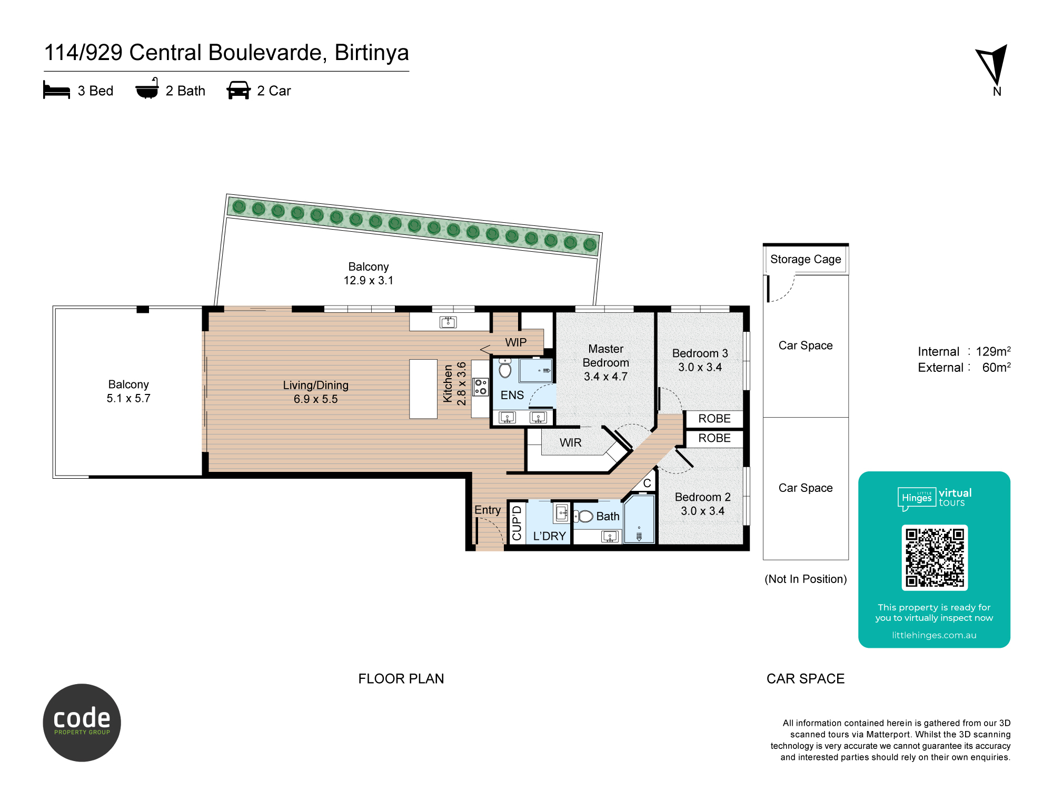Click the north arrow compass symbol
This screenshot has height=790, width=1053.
click(x=993, y=66)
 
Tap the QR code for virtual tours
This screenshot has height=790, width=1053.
click(x=935, y=557)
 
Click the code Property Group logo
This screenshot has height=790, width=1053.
click(x=82, y=723)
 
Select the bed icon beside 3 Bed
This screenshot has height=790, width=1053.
click(x=56, y=90)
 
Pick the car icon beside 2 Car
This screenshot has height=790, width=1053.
click(x=239, y=90)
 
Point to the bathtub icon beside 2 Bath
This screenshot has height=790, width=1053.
click(x=147, y=90)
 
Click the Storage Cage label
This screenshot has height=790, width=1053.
click(x=806, y=259)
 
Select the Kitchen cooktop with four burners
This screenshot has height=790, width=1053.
click(x=480, y=387)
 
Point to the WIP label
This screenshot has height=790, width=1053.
click(x=515, y=342)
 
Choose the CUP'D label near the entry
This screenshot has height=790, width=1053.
click(x=516, y=523)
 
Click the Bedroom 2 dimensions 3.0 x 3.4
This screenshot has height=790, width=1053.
click(x=702, y=511)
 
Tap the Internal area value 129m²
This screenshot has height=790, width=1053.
click(x=993, y=351)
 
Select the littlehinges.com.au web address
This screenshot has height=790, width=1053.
click(x=934, y=635)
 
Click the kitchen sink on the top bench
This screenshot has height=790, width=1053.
click(x=448, y=322)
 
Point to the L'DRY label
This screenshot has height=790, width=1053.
click(x=549, y=536)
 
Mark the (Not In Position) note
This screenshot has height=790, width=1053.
click(x=806, y=579)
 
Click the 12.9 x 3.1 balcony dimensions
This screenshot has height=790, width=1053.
click(x=369, y=280)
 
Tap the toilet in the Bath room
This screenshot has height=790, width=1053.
click(x=584, y=516)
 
